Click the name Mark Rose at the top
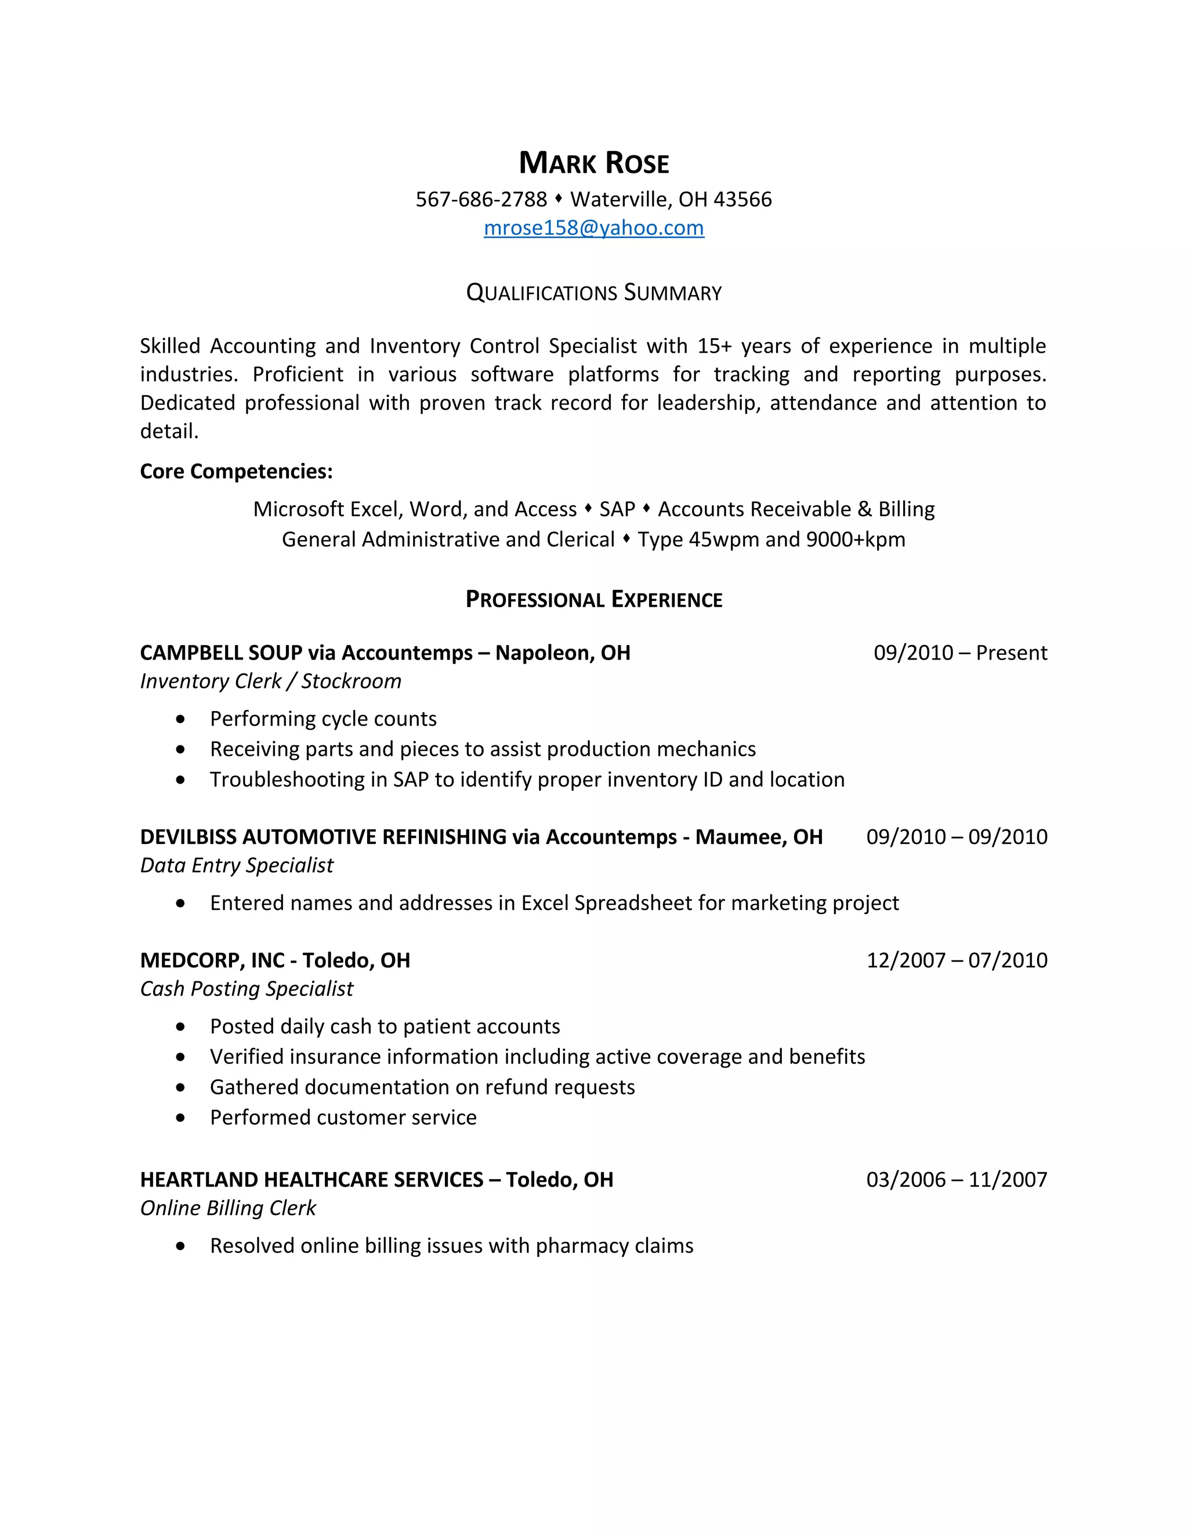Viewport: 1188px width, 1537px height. (594, 164)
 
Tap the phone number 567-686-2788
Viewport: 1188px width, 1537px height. (481, 200)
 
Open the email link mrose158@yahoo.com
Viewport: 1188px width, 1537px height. (594, 228)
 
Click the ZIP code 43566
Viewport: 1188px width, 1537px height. (742, 200)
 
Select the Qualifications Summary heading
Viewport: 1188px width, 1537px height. (594, 293)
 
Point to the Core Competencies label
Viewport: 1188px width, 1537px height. (236, 472)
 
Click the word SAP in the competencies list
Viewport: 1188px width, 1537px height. (617, 509)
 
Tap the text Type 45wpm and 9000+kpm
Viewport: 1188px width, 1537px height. (772, 540)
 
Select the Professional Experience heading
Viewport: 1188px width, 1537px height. (594, 600)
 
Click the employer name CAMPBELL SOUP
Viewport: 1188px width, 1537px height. (221, 653)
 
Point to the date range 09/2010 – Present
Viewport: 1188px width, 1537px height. (960, 653)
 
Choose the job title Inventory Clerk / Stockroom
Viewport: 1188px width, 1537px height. (270, 681)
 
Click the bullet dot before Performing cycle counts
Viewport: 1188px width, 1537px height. (181, 719)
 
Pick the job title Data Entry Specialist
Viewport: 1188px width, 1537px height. (237, 865)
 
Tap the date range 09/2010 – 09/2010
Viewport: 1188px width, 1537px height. (957, 838)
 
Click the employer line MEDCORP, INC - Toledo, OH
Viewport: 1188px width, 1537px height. (274, 960)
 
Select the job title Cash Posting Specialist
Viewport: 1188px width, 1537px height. (247, 989)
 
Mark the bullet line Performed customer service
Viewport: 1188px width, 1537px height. (343, 1118)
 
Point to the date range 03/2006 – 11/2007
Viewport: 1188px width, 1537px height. (957, 1180)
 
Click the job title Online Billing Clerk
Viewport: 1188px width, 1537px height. (228, 1208)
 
